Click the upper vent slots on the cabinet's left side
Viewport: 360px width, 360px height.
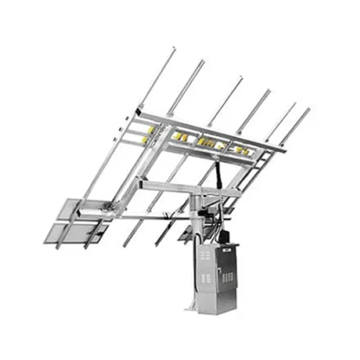205,256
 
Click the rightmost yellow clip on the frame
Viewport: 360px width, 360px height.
245,152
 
